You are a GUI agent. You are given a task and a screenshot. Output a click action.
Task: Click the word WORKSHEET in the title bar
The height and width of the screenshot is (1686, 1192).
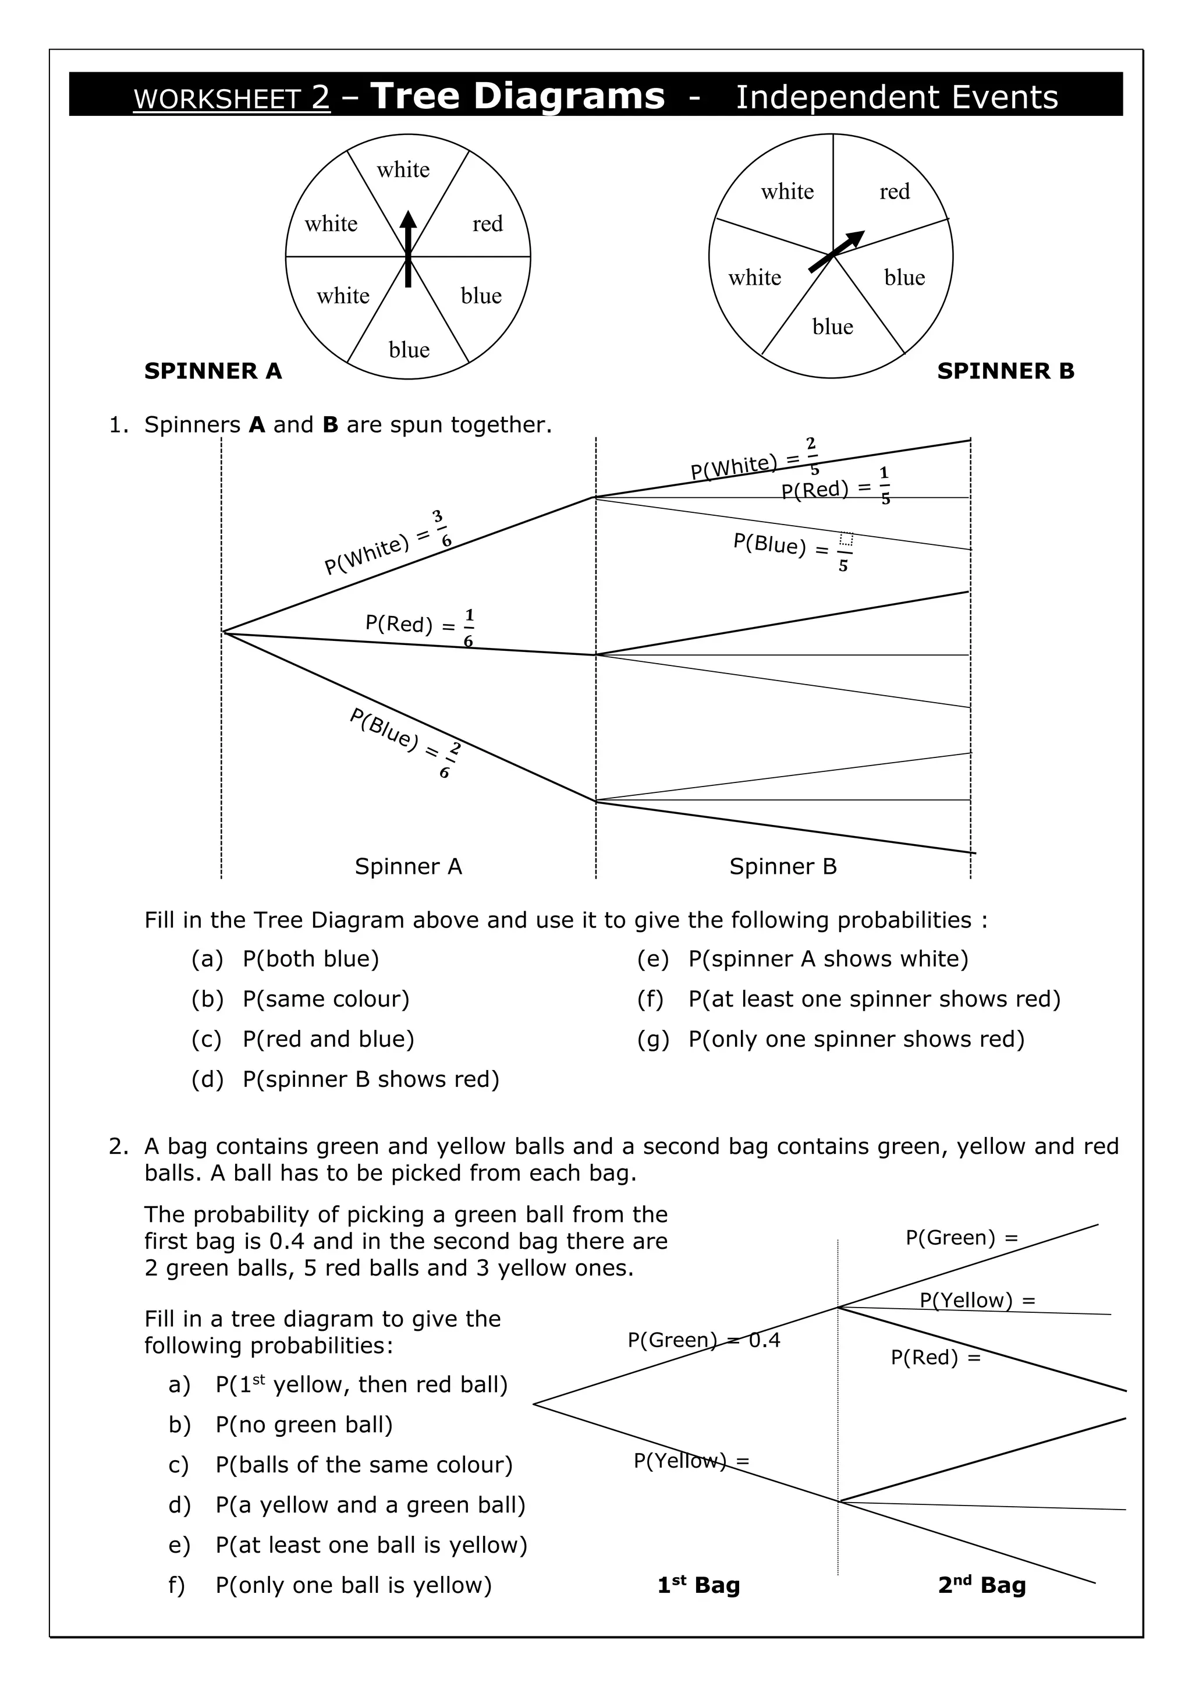[217, 98]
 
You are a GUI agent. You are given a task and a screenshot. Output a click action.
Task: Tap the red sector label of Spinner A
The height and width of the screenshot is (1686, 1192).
[487, 223]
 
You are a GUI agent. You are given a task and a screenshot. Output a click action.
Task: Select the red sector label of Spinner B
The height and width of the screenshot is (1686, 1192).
[894, 192]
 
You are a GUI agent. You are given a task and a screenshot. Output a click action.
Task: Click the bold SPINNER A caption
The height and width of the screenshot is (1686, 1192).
[213, 371]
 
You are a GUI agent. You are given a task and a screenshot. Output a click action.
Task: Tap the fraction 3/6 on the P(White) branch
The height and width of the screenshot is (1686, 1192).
[442, 529]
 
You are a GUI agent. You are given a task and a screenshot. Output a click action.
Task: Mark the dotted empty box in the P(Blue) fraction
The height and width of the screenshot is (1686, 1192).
[846, 540]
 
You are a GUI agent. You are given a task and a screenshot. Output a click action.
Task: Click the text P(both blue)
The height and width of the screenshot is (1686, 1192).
[310, 959]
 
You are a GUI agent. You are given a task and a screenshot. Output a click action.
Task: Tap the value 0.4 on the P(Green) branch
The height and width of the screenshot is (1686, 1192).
[764, 1340]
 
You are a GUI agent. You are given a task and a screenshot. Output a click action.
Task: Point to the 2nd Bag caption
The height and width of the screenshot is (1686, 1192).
[981, 1585]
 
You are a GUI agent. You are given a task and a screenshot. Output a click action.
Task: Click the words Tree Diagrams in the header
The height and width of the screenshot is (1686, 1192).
[517, 96]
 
